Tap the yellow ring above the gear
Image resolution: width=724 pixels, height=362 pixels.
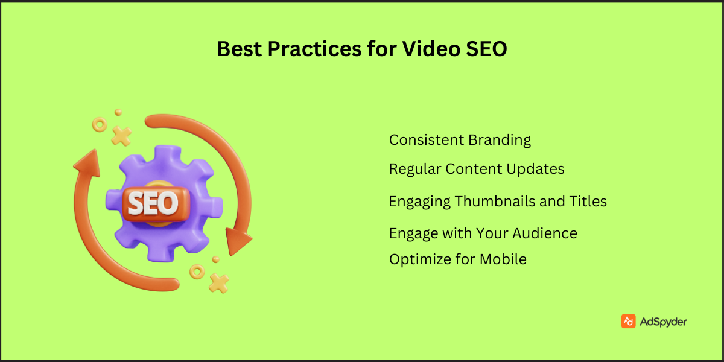pos(99,125)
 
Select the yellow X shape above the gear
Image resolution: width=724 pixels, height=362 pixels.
pos(121,136)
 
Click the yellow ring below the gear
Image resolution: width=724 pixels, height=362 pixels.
pos(197,271)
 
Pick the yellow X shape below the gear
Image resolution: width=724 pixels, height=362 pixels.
pos(218,282)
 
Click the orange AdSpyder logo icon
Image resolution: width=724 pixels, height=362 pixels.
pos(628,321)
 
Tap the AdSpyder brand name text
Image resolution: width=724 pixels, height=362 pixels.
pos(664,322)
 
